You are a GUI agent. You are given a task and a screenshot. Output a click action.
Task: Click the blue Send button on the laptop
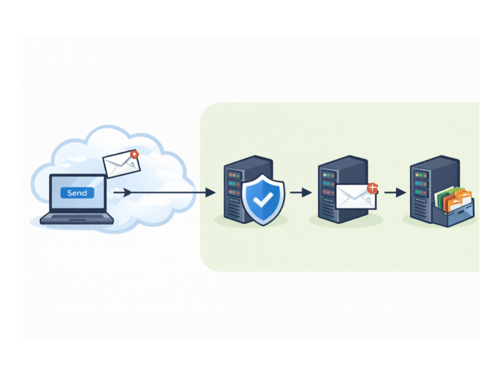pyautogui.click(x=77, y=193)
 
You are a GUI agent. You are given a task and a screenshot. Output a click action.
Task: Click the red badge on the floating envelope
pyautogui.click(x=134, y=154)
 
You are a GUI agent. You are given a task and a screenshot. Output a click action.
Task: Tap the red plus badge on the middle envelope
pyautogui.click(x=373, y=188)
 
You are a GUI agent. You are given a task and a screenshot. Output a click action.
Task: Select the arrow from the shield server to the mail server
pyautogui.click(x=301, y=192)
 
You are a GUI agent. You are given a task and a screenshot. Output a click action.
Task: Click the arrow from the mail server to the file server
pyautogui.click(x=395, y=192)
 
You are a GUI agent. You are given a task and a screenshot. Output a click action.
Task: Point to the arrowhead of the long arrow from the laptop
pyautogui.click(x=210, y=192)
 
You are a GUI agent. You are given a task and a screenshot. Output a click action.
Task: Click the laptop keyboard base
pyautogui.click(x=77, y=219)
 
